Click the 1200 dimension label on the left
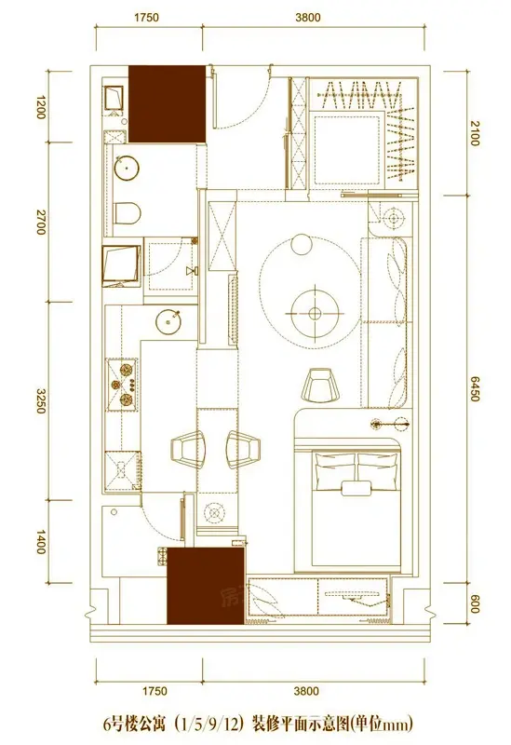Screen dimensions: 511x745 tap(41, 107)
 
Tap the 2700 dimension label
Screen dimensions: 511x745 tap(41, 222)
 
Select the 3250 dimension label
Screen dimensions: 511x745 tap(41, 400)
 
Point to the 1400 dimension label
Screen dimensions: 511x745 tap(41, 541)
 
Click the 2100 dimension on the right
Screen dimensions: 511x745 tap(475, 133)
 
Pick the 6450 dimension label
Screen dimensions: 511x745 tap(475, 388)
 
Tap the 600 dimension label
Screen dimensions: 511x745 tap(475, 603)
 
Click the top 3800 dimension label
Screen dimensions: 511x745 tap(308, 18)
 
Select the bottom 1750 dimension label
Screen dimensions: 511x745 tap(155, 690)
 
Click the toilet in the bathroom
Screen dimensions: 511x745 tap(128, 213)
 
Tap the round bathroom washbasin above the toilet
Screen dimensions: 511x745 tap(127, 168)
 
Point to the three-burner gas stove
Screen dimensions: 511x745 tap(123, 385)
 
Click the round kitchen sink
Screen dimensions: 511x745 tap(169, 321)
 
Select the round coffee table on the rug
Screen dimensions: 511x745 tap(315, 313)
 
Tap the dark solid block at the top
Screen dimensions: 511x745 tap(168, 104)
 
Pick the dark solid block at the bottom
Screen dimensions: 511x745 tap(206, 587)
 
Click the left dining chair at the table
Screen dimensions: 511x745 tap(188, 449)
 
